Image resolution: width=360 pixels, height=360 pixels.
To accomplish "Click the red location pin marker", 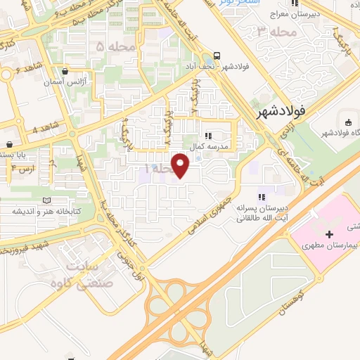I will click(181, 166).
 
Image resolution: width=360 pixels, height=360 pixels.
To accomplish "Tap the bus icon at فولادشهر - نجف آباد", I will click(217, 58).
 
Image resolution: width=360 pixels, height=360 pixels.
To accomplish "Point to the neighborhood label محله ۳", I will click(274, 31).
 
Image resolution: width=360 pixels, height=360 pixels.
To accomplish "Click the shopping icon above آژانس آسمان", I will click(65, 70).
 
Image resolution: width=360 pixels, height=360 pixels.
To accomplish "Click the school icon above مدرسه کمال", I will click(207, 136).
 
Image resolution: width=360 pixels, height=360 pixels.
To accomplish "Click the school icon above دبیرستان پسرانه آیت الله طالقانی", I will click(261, 197).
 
